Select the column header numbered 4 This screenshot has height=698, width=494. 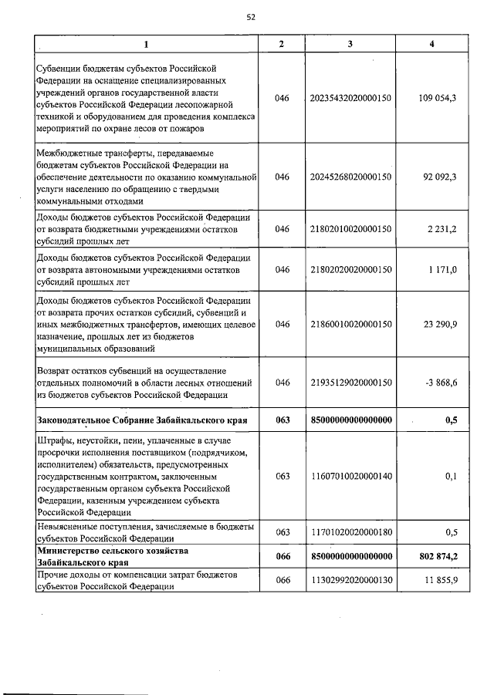(431, 44)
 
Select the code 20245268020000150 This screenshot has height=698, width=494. (350, 177)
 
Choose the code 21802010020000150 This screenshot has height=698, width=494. (350, 229)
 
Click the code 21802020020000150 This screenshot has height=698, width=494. (350, 269)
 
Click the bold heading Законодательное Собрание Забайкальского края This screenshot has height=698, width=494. (141, 420)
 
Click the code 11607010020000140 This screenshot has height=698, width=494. (350, 477)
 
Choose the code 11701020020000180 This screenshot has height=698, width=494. (350, 531)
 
